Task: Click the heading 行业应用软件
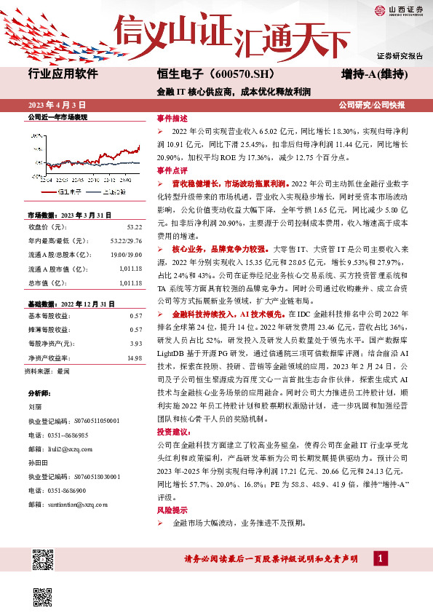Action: coord(63,74)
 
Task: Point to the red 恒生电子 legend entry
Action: coord(66,191)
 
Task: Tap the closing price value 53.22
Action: coord(133,226)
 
